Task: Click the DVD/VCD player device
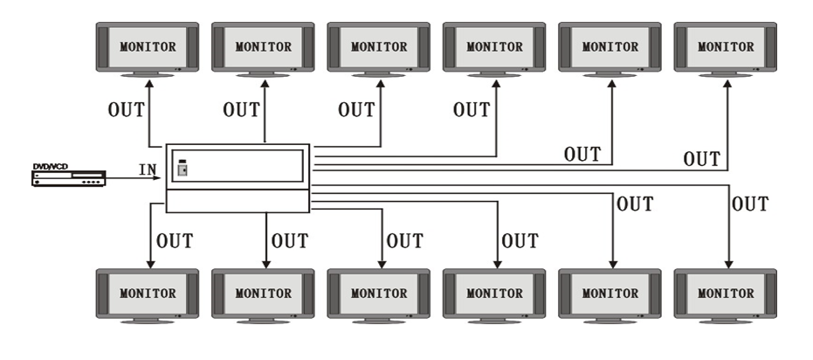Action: point(67,177)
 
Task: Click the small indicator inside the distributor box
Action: point(183,168)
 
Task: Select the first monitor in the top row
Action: point(148,46)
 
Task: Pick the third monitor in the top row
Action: point(379,46)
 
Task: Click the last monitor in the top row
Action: point(727,46)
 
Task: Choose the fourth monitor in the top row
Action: point(495,46)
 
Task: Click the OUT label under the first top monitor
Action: point(126,111)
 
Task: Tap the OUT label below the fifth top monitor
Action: point(582,156)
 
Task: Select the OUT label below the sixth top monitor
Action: point(702,159)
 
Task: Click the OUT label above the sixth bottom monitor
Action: point(750,204)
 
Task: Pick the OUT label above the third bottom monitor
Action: point(404,241)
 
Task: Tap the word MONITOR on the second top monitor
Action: point(264,45)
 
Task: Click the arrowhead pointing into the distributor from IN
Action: point(159,178)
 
